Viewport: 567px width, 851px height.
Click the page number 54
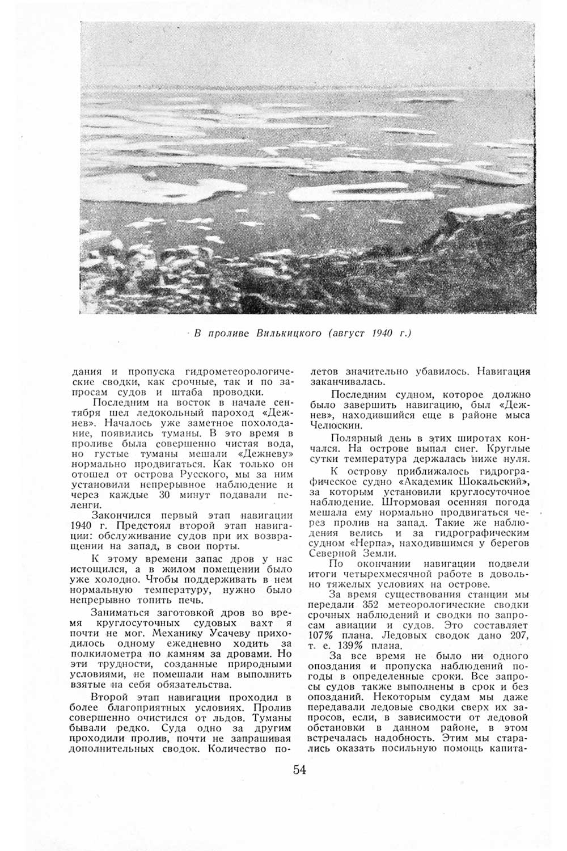[300, 770]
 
